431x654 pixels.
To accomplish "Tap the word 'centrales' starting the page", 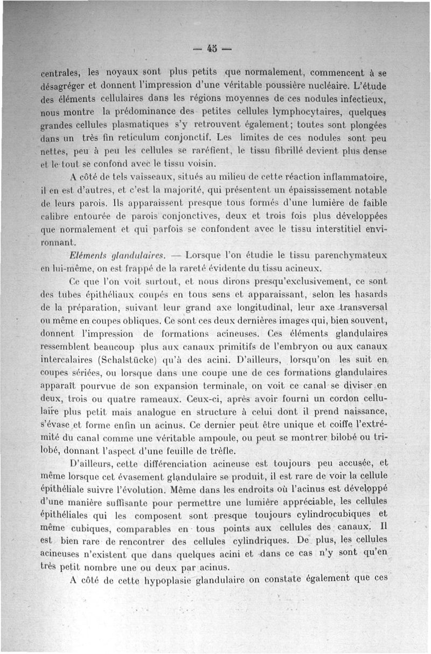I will [x=61, y=73].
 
